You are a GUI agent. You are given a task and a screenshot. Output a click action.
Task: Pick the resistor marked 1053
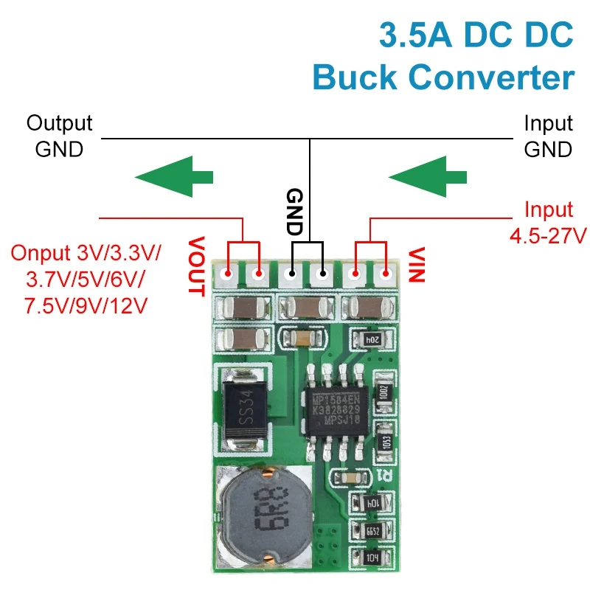click(382, 440)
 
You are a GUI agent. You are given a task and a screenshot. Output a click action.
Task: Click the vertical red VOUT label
click(195, 265)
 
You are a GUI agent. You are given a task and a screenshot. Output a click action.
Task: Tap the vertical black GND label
click(294, 212)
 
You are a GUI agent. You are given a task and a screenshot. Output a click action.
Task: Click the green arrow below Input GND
click(427, 177)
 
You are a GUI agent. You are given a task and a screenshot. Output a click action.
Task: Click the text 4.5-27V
click(547, 237)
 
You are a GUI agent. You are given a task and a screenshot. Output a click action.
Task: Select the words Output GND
click(59, 136)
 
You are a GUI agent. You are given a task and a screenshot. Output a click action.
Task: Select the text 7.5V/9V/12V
click(86, 305)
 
